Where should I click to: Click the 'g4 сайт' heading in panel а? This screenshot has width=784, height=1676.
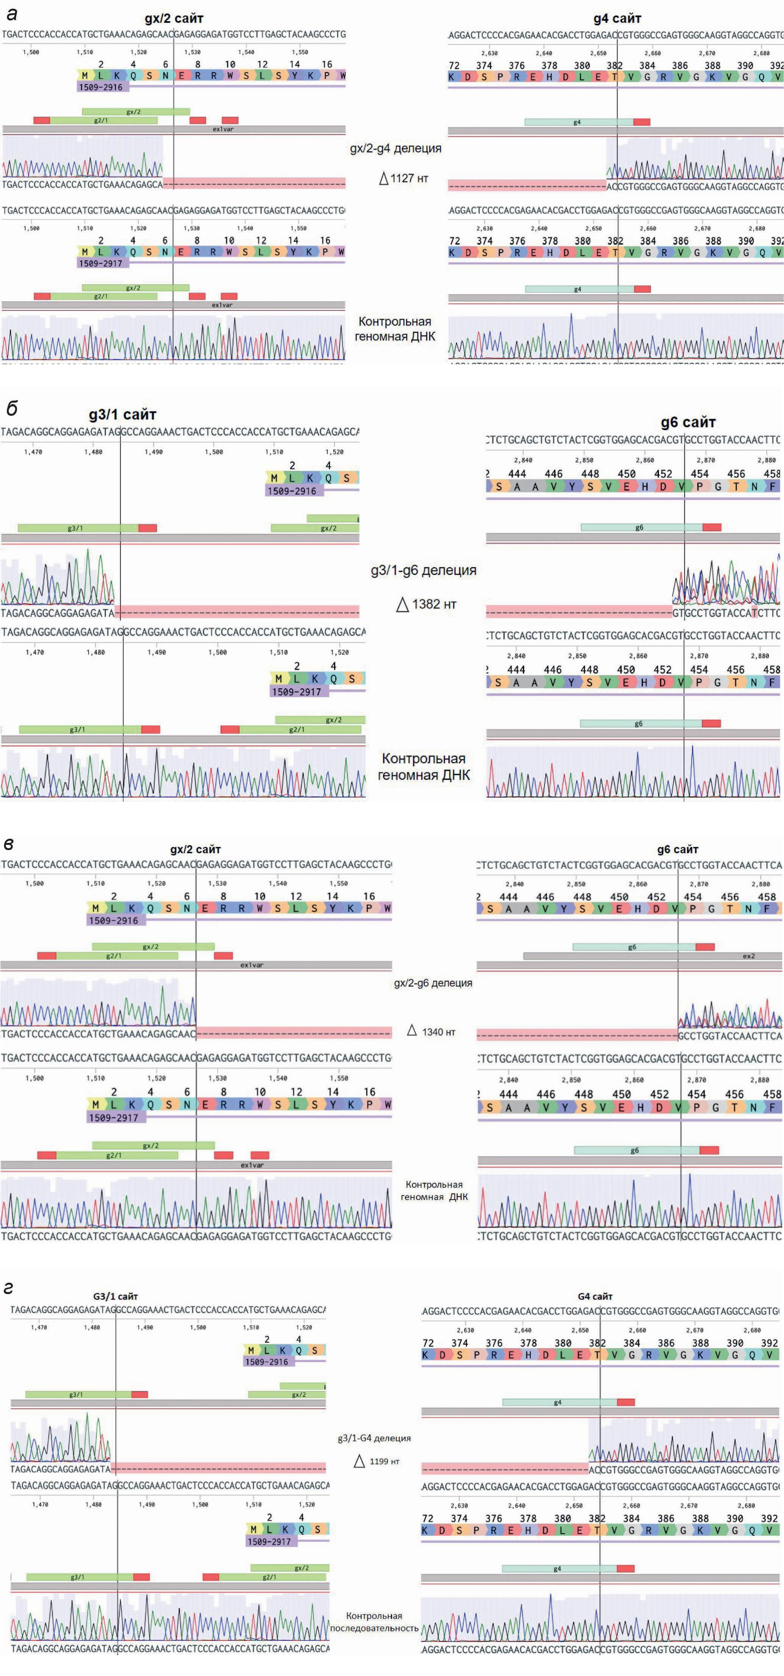pos(617,19)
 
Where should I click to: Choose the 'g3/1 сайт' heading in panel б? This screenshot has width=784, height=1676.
pos(123,414)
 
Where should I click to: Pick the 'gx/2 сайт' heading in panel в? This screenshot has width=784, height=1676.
pos(195,849)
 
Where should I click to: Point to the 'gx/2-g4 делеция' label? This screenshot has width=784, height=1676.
pos(395,148)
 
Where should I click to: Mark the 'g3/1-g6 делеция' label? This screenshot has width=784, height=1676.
pos(423,570)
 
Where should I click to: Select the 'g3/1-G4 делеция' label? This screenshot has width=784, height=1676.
pos(374,1438)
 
